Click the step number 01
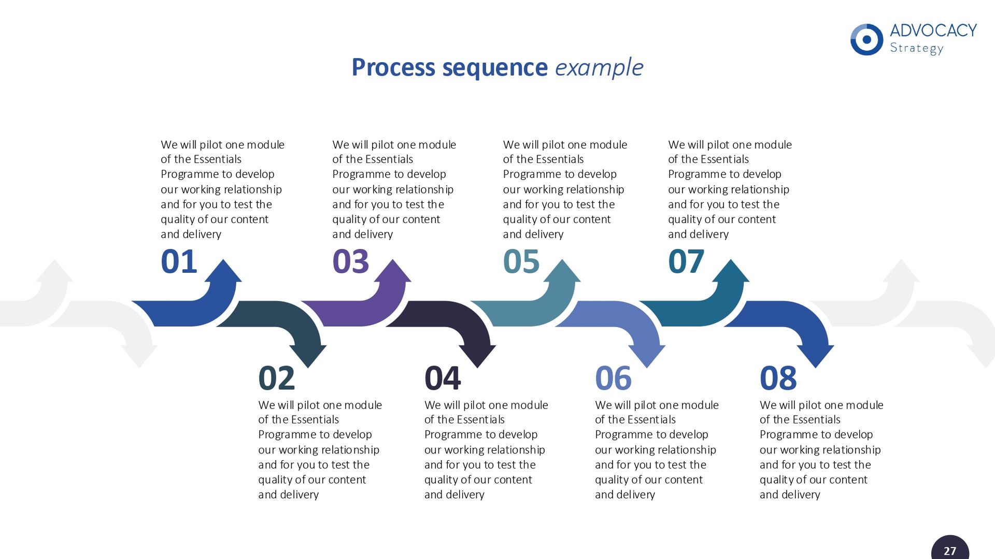tap(179, 261)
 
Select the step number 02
tap(276, 378)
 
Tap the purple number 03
tap(350, 261)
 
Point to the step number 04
tap(442, 378)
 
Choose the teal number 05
tap(521, 261)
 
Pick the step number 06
tap(613, 378)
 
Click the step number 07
tap(686, 261)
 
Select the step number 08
tap(778, 378)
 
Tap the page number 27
tap(950, 551)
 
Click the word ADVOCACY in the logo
tap(933, 31)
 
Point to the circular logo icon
tap(866, 39)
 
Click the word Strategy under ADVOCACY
tap(916, 48)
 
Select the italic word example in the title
tap(599, 67)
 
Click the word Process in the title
tap(393, 67)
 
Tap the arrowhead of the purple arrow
tap(393, 272)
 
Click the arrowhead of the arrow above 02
tap(308, 356)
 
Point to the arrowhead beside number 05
tap(562, 272)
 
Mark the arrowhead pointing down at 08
tap(816, 356)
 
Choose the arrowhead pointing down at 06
tap(647, 356)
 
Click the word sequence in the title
tap(495, 67)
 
